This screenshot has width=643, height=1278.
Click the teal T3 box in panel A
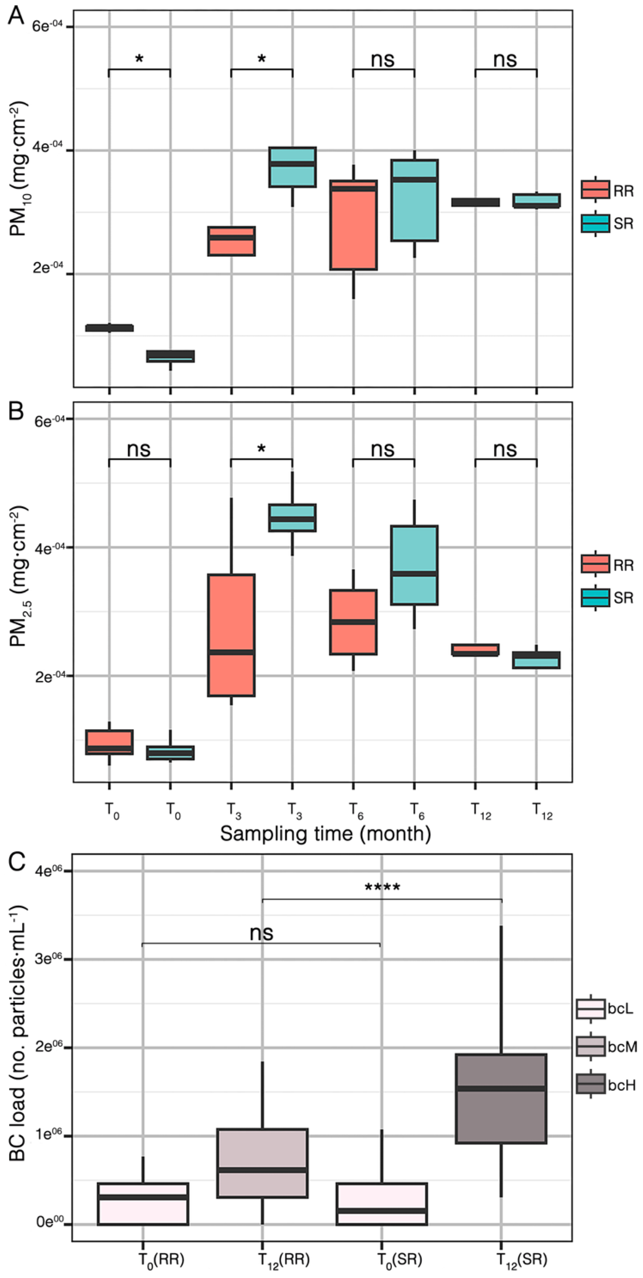pos(292,167)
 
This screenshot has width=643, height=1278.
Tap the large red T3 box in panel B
pos(231,635)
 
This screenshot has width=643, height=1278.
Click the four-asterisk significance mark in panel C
pos(382,888)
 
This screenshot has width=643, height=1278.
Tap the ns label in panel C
pos(262,933)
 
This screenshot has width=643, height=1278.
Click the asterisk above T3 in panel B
pos(262,449)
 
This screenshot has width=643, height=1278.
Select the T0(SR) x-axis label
pos(399,1259)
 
